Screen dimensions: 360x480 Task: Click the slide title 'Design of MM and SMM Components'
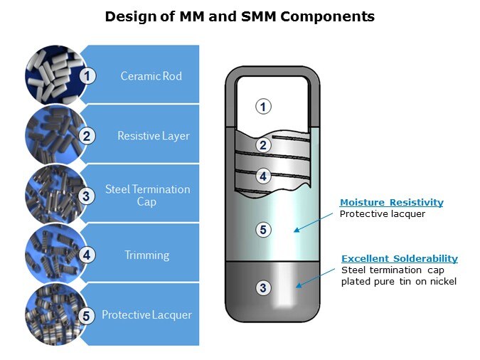tap(240, 16)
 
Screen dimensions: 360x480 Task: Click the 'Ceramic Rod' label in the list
tap(151, 76)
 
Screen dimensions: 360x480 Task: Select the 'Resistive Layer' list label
tap(153, 135)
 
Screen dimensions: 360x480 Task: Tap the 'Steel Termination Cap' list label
tap(147, 195)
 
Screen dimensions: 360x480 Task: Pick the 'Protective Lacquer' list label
tap(146, 314)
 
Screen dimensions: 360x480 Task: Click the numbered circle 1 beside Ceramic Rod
tap(87, 75)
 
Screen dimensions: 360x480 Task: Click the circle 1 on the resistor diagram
tap(263, 107)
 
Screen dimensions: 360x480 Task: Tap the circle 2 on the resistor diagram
tap(263, 145)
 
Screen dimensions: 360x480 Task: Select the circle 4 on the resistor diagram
tap(263, 176)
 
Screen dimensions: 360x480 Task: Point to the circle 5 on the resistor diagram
tap(263, 229)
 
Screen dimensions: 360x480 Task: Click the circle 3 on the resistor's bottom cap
tap(263, 287)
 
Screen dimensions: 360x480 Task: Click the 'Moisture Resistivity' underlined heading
tap(391, 203)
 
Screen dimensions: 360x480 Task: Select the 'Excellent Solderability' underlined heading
tap(399, 258)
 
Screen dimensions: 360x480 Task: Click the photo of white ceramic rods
tap(53, 73)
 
